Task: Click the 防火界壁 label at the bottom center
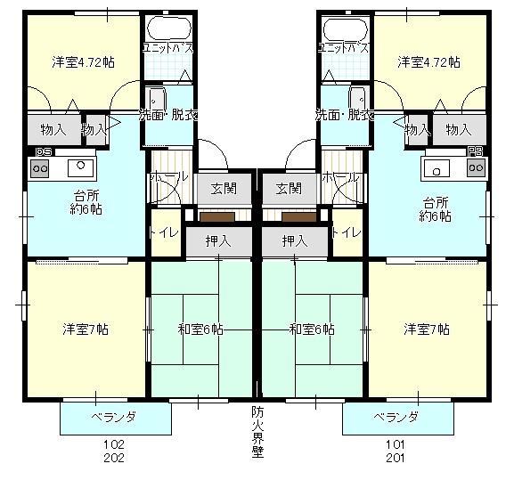click(257, 430)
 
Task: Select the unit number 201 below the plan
click(396, 458)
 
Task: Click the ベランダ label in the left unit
click(114, 417)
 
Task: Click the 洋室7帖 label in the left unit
click(85, 329)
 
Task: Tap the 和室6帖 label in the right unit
click(312, 329)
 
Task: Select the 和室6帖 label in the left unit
click(200, 329)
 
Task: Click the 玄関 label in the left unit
click(224, 188)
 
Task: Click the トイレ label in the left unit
click(165, 232)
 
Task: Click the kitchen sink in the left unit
click(79, 166)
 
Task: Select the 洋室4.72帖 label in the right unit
click(428, 62)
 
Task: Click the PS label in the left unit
click(42, 151)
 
